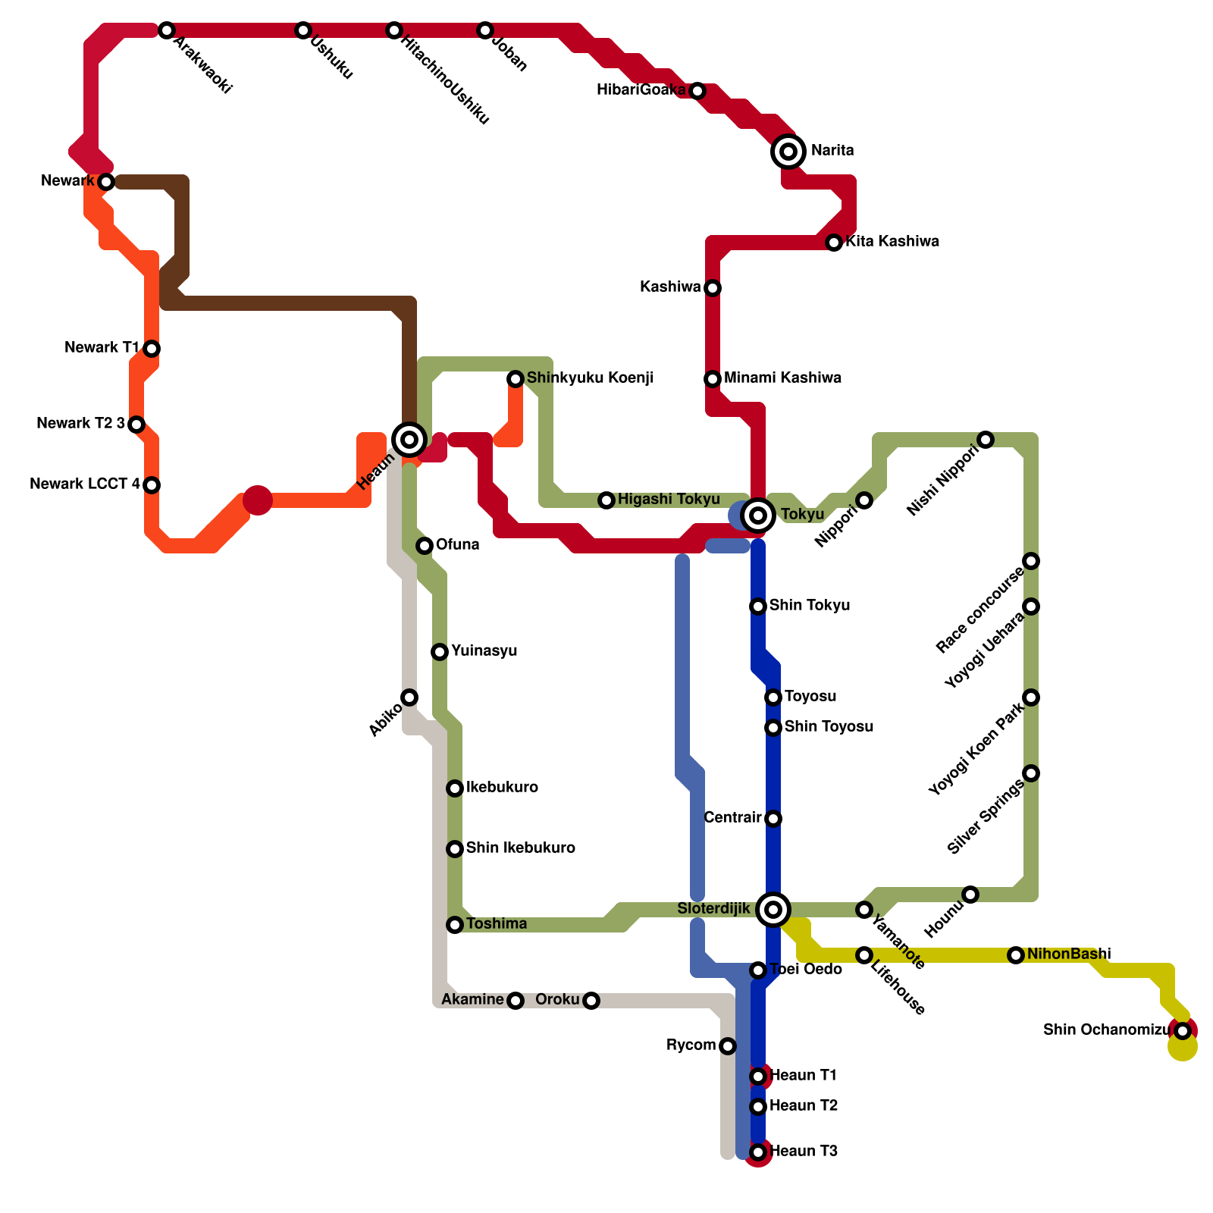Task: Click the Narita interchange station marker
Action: (788, 152)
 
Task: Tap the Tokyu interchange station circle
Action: (758, 516)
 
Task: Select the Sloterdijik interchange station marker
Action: (773, 909)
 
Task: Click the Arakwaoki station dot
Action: (167, 30)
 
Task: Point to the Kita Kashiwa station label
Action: (892, 242)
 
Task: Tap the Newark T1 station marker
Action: (152, 349)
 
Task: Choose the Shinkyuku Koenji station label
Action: (590, 378)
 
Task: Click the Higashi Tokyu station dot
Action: (606, 500)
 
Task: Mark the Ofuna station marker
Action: (425, 546)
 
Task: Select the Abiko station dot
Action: (409, 697)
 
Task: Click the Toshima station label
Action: (497, 924)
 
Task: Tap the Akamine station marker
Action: (516, 1001)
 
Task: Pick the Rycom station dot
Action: (728, 1046)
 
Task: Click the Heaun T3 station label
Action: (804, 1152)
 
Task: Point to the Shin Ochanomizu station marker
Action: (1183, 1031)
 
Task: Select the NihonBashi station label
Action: (1069, 954)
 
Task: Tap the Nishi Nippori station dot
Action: (986, 440)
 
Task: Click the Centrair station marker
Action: (773, 819)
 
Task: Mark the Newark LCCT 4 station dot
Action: (152, 485)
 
